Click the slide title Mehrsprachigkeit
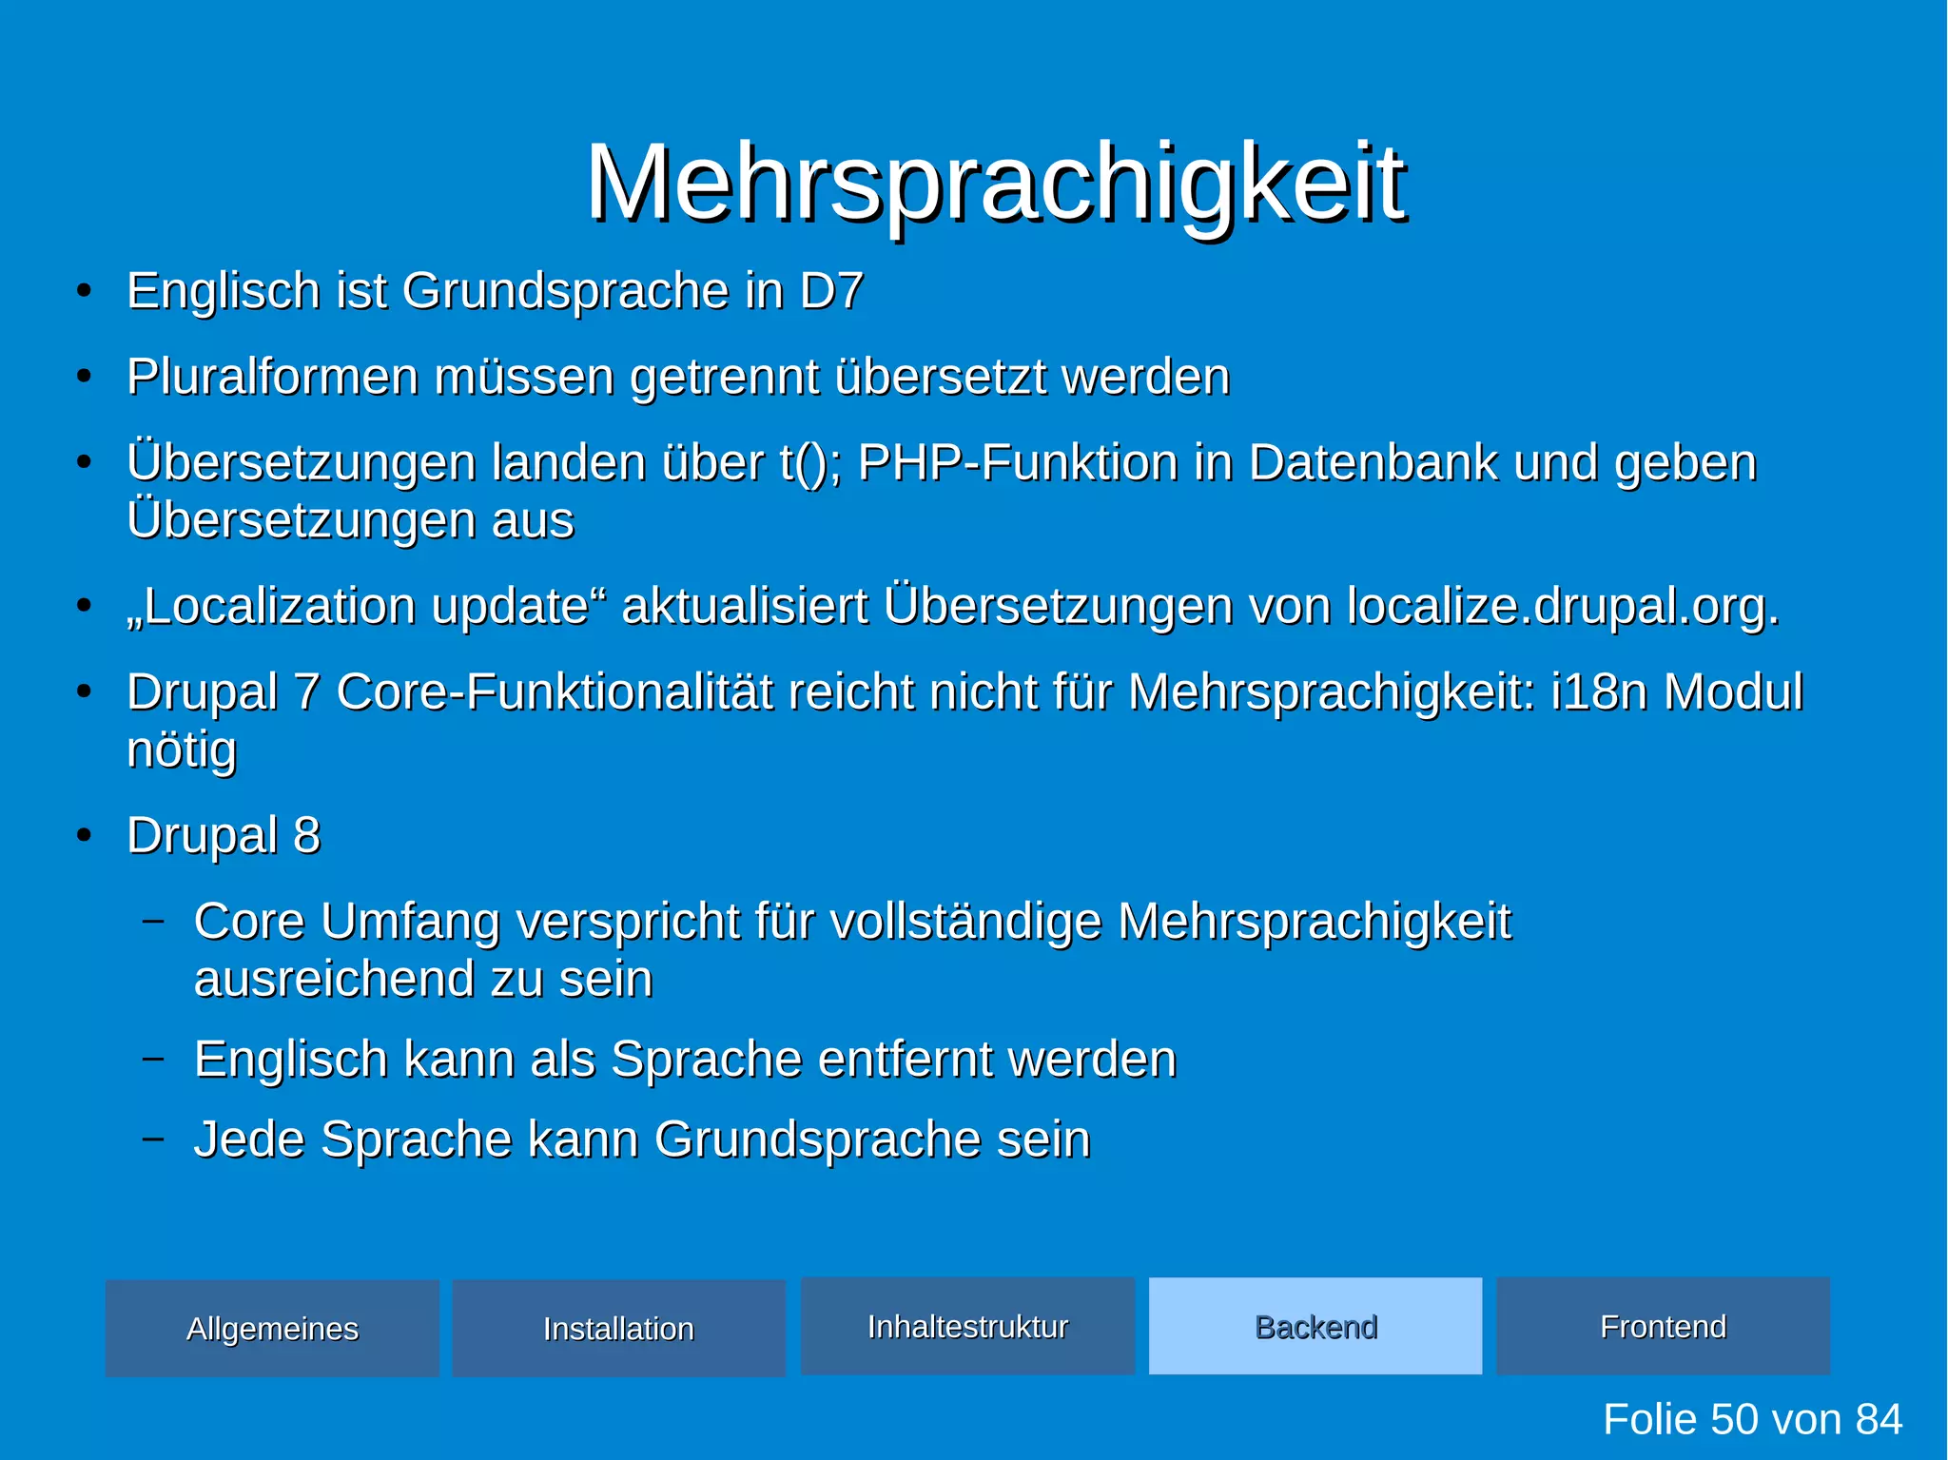pos(995,183)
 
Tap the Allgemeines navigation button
pos(272,1329)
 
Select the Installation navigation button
pos(618,1329)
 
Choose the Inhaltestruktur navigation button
pos(967,1326)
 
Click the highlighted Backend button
pos(1315,1326)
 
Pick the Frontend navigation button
pos(1663,1326)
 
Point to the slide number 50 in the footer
pos(1733,1419)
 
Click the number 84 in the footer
pos(1878,1419)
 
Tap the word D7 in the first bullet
pos(830,290)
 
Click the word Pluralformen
pos(272,377)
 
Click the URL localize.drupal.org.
pos(1562,606)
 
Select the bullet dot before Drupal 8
pos(85,835)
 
